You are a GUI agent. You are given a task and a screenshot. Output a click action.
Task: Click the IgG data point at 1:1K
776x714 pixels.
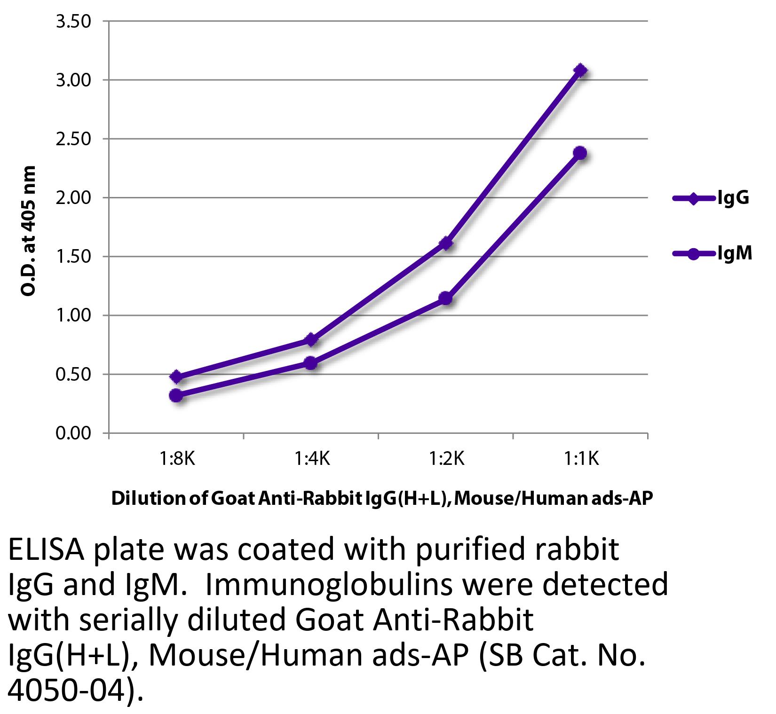click(580, 71)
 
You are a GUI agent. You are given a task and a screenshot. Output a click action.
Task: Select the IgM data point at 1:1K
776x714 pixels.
click(580, 153)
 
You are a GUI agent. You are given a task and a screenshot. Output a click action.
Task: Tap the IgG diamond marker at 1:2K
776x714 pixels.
click(446, 243)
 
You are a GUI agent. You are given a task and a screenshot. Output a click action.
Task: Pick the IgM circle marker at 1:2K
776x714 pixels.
click(446, 298)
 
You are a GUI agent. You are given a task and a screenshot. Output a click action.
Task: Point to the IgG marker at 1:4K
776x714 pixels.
click(311, 339)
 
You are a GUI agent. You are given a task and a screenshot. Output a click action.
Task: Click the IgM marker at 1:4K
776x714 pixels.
click(311, 363)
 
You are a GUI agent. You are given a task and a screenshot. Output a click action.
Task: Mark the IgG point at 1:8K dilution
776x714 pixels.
click(176, 377)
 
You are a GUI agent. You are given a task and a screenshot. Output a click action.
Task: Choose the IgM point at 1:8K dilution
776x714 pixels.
click(176, 395)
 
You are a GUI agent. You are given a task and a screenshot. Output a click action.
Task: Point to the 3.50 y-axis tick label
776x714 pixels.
click(73, 22)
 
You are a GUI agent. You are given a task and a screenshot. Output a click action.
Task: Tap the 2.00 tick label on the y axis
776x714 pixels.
click(73, 198)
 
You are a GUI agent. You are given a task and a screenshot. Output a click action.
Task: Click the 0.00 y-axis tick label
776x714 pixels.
click(73, 433)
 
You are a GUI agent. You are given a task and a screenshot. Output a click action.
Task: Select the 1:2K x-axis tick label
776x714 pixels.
click(446, 458)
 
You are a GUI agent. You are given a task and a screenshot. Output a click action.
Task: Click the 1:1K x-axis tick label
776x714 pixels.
click(581, 458)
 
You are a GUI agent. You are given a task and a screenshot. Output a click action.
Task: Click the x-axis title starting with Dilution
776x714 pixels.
click(382, 498)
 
